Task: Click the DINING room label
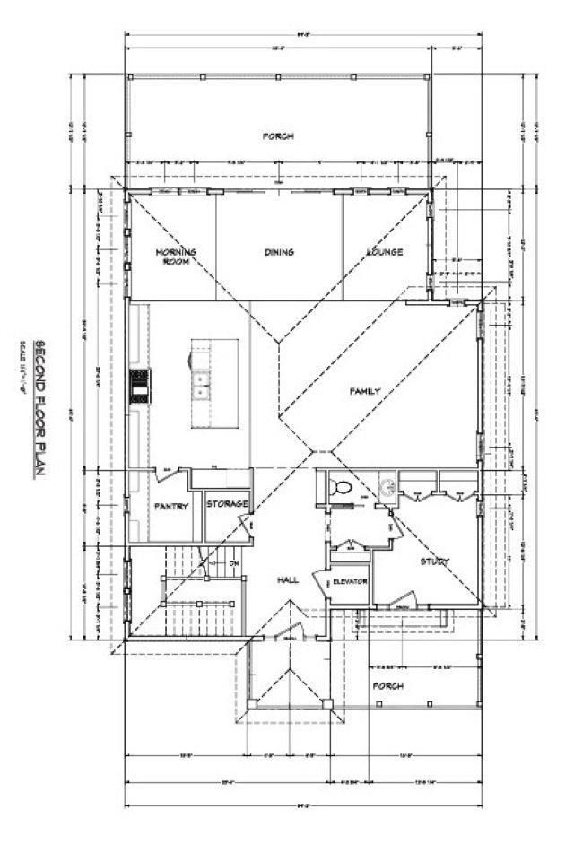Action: (x=279, y=252)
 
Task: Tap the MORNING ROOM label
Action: (x=175, y=257)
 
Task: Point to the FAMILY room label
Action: (x=365, y=391)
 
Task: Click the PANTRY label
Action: (x=170, y=506)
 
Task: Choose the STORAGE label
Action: (x=227, y=504)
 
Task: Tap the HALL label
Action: (x=287, y=581)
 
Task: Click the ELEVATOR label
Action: (x=350, y=582)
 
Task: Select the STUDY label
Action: (x=435, y=561)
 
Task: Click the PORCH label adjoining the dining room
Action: (x=278, y=136)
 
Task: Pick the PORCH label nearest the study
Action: (x=388, y=686)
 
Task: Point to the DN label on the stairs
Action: (x=234, y=563)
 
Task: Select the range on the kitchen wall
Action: (x=140, y=386)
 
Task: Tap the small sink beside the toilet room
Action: (x=387, y=488)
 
